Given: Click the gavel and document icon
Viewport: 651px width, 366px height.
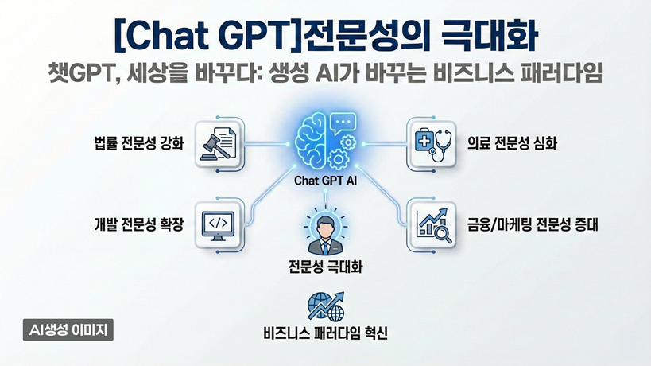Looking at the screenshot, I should pyautogui.click(x=219, y=143).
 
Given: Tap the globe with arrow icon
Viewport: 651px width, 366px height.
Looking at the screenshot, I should pyautogui.click(x=325, y=306).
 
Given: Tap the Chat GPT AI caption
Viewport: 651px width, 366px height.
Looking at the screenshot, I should pyautogui.click(x=325, y=181).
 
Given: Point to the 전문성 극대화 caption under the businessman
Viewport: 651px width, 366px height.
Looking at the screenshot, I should pyautogui.click(x=325, y=264).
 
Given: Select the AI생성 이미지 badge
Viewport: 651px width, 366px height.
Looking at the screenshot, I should pyautogui.click(x=68, y=329).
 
